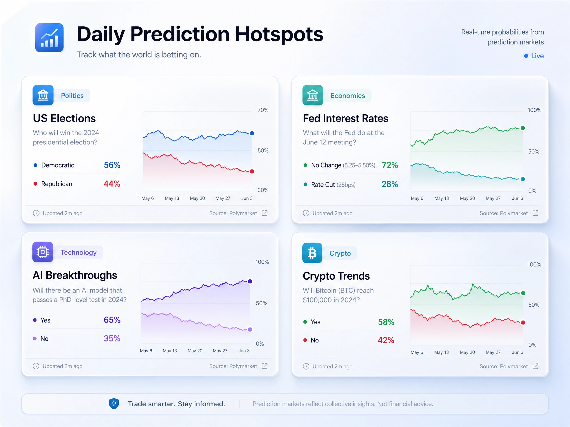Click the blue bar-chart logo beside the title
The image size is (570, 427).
coord(49,37)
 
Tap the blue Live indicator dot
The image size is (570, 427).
coord(526,56)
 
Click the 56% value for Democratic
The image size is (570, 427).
coord(112,165)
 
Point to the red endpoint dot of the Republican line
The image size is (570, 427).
coord(252,171)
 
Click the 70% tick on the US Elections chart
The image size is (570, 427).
coord(263,110)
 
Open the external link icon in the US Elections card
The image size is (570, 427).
coord(265,213)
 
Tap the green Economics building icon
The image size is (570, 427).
coord(313,95)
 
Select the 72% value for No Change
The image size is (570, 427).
coord(390,165)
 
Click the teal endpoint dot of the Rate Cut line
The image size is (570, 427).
coord(523,179)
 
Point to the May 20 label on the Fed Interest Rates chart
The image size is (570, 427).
coord(467,198)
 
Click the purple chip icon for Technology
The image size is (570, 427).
coord(43,252)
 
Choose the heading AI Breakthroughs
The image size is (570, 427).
coord(75,275)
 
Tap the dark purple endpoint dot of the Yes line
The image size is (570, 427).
coord(250,281)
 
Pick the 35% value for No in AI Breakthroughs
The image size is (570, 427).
coord(112,338)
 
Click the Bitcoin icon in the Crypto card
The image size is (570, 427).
coord(312,253)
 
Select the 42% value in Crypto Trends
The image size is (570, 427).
coord(386,340)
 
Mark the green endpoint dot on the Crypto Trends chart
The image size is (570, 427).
coord(523,293)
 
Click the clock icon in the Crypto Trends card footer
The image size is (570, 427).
coord(306,366)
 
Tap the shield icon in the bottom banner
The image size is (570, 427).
coord(114,403)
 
